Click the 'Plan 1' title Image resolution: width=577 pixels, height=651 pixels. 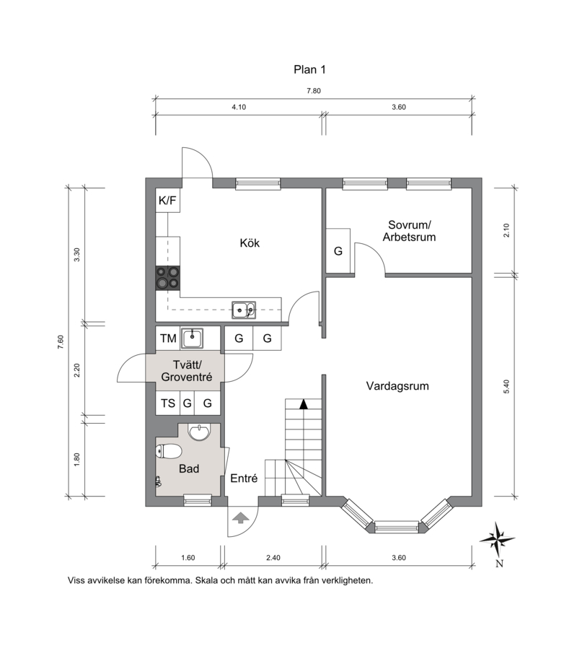[309, 69]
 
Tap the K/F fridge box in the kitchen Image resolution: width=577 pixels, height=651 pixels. [167, 201]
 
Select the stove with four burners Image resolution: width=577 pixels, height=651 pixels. [167, 278]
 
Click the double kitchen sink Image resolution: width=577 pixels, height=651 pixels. [244, 310]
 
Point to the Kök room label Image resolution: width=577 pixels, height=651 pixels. [250, 243]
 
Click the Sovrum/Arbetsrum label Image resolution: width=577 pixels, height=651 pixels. [409, 231]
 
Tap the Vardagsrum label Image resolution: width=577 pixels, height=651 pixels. [397, 386]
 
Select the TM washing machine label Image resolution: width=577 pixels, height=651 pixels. [168, 338]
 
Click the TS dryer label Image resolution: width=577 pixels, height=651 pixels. [168, 403]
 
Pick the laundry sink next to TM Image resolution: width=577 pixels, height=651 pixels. [192, 338]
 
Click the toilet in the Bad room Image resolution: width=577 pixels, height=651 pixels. [169, 451]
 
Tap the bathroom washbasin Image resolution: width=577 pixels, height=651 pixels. [200, 432]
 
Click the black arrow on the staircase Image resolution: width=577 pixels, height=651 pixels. [304, 403]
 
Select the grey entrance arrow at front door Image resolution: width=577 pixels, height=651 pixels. [240, 517]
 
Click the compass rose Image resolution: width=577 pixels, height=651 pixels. [498, 539]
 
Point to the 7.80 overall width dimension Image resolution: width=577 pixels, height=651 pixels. [314, 91]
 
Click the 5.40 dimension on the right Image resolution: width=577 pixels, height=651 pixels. [506, 387]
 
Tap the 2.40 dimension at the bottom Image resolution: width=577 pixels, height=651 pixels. [273, 558]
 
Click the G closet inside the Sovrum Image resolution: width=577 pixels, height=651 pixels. [338, 250]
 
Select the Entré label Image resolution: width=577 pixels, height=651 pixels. [244, 479]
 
